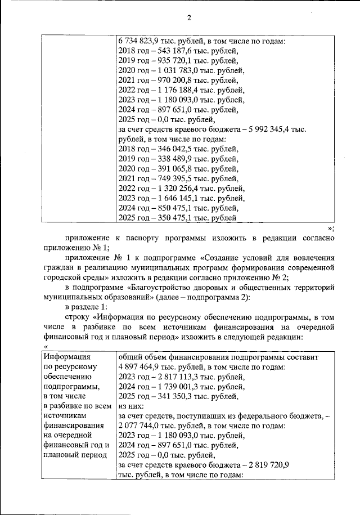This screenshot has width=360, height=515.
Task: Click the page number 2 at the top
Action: tap(189, 17)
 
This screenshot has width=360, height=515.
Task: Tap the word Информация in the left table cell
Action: tap(64, 357)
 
